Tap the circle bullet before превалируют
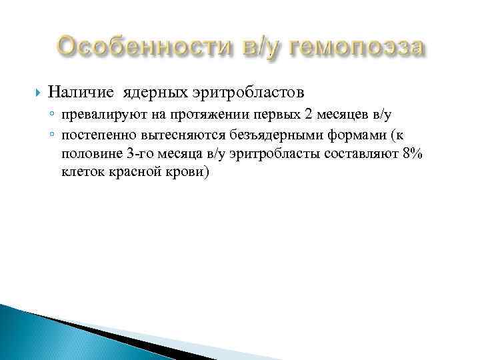[53, 115]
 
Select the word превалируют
[95, 115]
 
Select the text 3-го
[139, 155]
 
